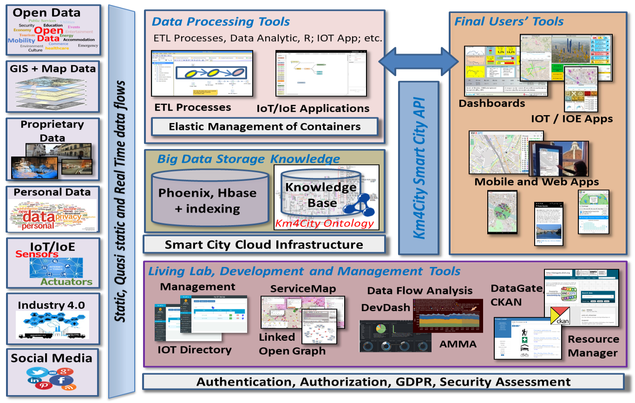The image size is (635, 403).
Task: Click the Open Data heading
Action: [46, 13]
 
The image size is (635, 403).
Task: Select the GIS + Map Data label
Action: [52, 69]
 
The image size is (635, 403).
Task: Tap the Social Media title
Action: [52, 358]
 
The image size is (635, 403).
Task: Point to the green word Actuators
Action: [66, 281]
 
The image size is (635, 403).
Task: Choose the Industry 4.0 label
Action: [51, 305]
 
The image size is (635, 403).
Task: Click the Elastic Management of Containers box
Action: [264, 126]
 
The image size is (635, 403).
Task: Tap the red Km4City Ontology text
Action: [324, 223]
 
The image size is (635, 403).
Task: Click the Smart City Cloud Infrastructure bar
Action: [264, 244]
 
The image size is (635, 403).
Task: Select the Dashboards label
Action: [491, 103]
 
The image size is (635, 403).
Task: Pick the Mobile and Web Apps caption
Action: [536, 182]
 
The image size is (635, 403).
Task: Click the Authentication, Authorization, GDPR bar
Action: [383, 382]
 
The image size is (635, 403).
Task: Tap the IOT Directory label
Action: [194, 350]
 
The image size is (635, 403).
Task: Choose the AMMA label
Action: [458, 344]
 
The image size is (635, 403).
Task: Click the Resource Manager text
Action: [593, 346]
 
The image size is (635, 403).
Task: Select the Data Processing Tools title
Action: [221, 21]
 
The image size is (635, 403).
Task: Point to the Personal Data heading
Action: [52, 192]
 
